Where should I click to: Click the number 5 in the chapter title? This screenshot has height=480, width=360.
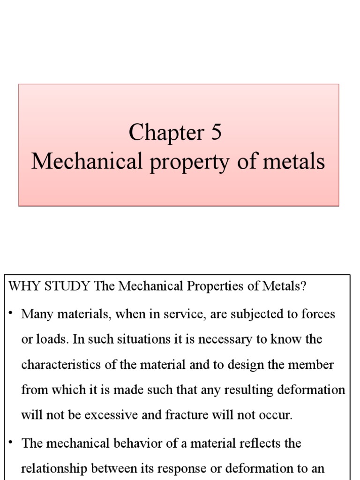tap(216, 133)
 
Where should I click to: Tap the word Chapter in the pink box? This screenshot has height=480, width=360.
tap(164, 134)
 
